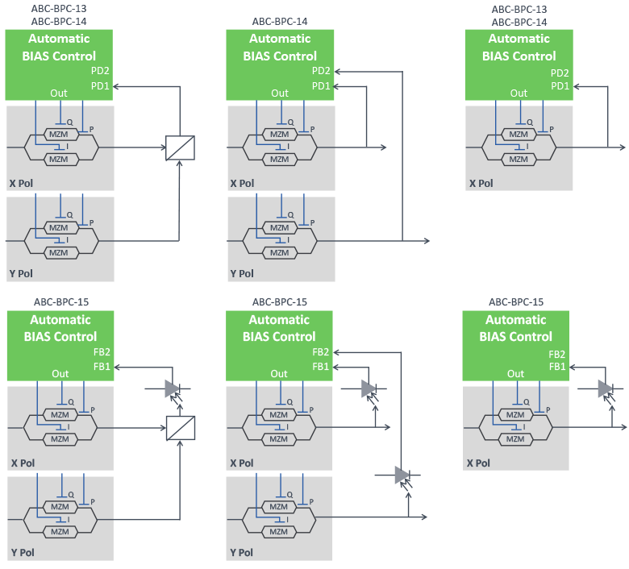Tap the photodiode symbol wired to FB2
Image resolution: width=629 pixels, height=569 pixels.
click(402, 475)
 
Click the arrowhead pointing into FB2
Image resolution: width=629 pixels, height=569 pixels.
click(335, 352)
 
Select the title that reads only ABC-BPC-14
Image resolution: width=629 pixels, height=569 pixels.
click(279, 22)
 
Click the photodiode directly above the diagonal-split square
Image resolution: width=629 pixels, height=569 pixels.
click(171, 388)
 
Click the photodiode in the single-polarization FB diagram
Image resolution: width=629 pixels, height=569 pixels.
click(605, 388)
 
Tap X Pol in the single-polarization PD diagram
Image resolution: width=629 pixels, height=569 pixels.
click(481, 183)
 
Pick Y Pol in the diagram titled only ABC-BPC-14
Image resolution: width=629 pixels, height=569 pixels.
click(242, 274)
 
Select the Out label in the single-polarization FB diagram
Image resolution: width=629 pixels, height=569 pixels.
click(515, 374)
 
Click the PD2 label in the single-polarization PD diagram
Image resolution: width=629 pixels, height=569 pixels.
click(560, 73)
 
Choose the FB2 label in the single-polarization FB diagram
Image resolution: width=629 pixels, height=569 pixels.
click(556, 354)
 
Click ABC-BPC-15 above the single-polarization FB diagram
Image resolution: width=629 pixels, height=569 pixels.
click(516, 302)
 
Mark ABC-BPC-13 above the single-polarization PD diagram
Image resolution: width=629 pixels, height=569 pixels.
click(519, 9)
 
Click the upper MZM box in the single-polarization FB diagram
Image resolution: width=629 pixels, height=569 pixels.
click(514, 414)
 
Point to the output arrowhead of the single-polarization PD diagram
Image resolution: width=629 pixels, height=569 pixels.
click(623, 147)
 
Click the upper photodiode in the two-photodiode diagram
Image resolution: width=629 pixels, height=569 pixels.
click(369, 388)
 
